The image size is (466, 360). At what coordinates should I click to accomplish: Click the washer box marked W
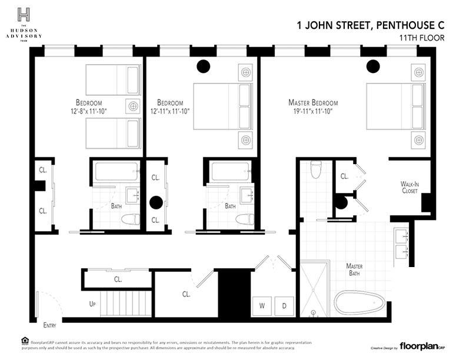coord(262,306)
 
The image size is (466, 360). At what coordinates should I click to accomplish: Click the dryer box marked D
coord(284,306)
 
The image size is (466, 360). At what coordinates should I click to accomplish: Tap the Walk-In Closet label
coord(410,188)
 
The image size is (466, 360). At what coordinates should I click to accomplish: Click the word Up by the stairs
coord(92,305)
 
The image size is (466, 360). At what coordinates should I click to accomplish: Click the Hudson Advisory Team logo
coord(24,24)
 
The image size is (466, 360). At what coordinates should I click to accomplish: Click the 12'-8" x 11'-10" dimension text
coord(89,111)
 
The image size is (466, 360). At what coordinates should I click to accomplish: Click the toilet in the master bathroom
coord(316,169)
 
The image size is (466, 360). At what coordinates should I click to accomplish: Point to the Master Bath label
coord(354,270)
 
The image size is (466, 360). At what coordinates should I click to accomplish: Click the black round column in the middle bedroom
coord(203,66)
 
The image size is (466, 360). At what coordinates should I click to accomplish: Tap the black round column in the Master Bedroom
coord(372,66)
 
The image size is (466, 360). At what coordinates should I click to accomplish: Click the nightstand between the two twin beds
coord(134,106)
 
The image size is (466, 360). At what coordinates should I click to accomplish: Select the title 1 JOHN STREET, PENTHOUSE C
coord(370,25)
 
